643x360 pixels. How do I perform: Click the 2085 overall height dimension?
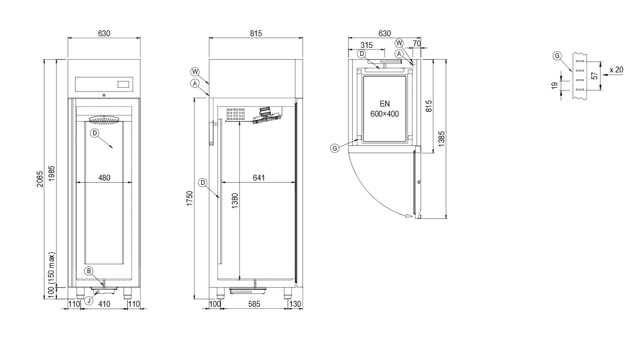pyautogui.click(x=39, y=179)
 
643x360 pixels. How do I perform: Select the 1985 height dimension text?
pyautogui.click(x=51, y=173)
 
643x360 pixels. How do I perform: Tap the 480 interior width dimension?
pyautogui.click(x=104, y=178)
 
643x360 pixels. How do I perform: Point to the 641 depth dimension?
pyautogui.click(x=258, y=178)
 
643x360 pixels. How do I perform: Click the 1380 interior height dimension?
pyautogui.click(x=234, y=201)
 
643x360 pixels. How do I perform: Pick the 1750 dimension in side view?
pyautogui.click(x=190, y=198)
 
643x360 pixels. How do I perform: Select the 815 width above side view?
pyautogui.click(x=256, y=34)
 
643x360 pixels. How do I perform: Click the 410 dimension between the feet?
pyautogui.click(x=104, y=304)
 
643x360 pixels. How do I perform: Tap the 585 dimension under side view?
pyautogui.click(x=254, y=304)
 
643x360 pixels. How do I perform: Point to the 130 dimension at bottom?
pyautogui.click(x=295, y=304)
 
